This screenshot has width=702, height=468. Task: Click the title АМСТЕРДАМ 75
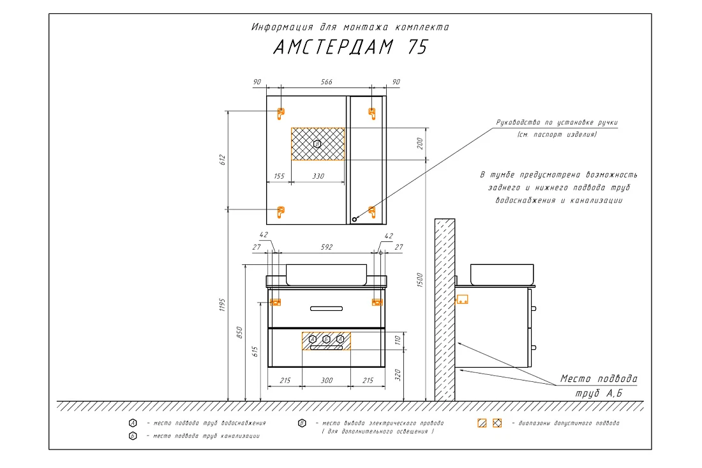[x=351, y=47]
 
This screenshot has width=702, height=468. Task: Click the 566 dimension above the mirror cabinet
[x=326, y=82]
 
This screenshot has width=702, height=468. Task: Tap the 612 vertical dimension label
[x=223, y=160]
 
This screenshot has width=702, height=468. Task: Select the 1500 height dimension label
[x=419, y=280]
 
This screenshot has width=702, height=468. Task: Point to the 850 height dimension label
[x=239, y=332]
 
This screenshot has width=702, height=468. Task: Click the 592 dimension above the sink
[x=326, y=246]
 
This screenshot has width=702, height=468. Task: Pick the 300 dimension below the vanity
[x=326, y=381]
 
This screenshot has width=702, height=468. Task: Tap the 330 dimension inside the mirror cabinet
[x=318, y=176]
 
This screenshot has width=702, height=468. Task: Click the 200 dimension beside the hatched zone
[x=419, y=143]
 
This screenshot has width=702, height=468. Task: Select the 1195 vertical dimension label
[x=223, y=305]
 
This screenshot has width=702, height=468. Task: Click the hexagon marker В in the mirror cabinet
[x=317, y=144]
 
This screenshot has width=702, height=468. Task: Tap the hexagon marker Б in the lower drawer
[x=326, y=339]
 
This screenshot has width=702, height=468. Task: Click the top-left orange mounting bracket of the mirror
[x=281, y=113]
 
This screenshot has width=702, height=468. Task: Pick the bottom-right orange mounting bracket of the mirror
[x=371, y=211]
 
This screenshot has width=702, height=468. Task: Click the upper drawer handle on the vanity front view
[x=326, y=308]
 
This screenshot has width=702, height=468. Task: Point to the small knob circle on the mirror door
[x=354, y=220]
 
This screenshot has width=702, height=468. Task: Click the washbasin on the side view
[x=502, y=274]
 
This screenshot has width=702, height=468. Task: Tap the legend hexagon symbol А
[x=133, y=423]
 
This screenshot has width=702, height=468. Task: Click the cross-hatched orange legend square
[x=497, y=423]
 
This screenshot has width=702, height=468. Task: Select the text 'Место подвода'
[x=599, y=379]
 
